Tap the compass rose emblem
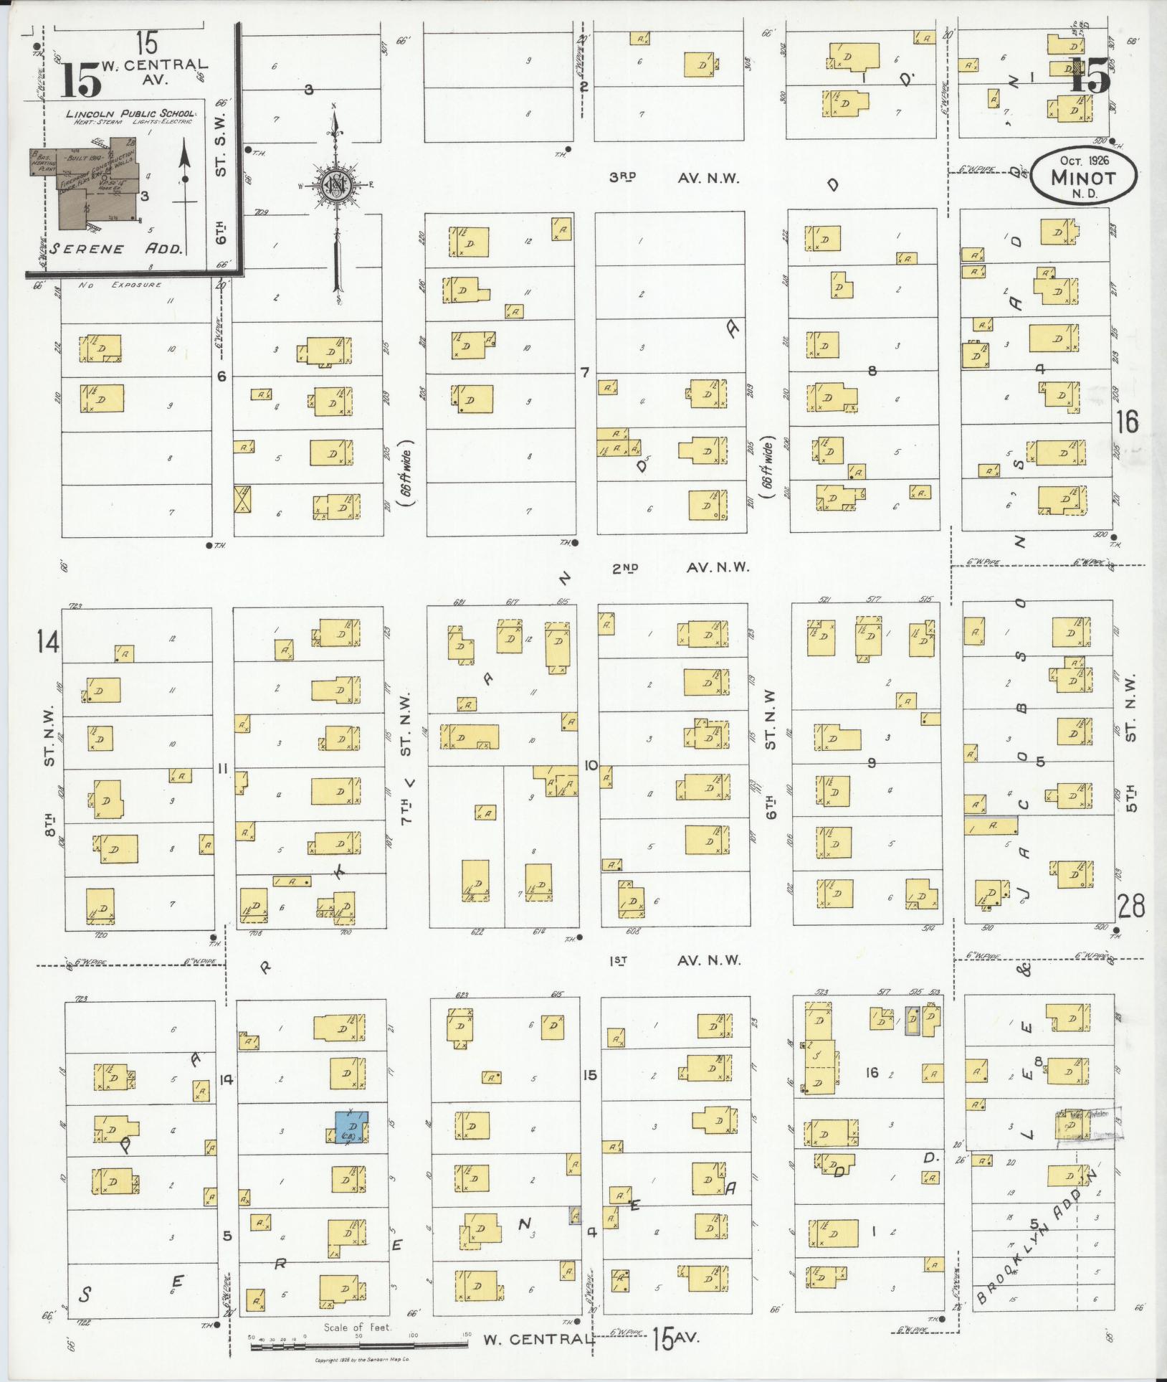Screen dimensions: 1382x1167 [x=336, y=187]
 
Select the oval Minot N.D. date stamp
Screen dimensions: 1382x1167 [x=1083, y=174]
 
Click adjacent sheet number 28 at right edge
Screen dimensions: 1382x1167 [x=1130, y=906]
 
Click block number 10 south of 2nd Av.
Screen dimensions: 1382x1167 [x=591, y=766]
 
